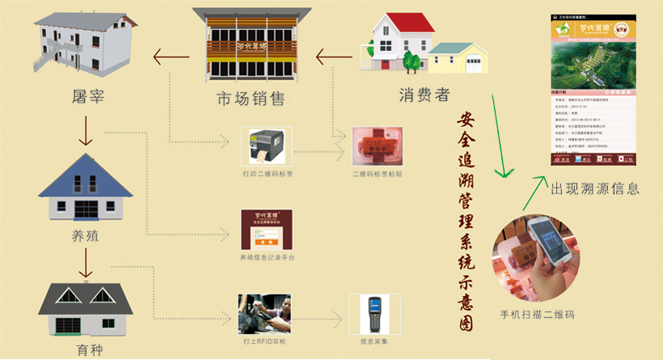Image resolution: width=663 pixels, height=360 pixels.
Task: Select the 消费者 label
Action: pyautogui.click(x=424, y=95)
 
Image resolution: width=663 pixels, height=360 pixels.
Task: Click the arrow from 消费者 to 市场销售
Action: pyautogui.click(x=334, y=57)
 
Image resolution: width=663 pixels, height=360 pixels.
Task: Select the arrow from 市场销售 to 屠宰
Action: pyautogui.click(x=169, y=56)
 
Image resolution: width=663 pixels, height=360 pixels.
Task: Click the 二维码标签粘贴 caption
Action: pyautogui.click(x=377, y=174)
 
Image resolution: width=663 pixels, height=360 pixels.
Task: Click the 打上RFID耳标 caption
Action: pyautogui.click(x=268, y=341)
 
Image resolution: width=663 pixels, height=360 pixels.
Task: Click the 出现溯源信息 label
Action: pyautogui.click(x=595, y=189)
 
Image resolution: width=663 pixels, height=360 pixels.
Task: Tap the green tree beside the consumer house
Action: pyautogui.click(x=412, y=58)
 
